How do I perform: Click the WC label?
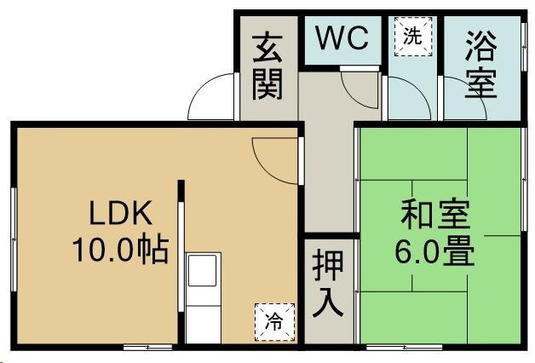pos(342,37)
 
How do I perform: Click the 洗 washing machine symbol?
pos(412,37)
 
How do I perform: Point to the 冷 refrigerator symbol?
pos(274,321)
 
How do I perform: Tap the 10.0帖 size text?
pos(119,250)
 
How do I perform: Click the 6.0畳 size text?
pos(435,251)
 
